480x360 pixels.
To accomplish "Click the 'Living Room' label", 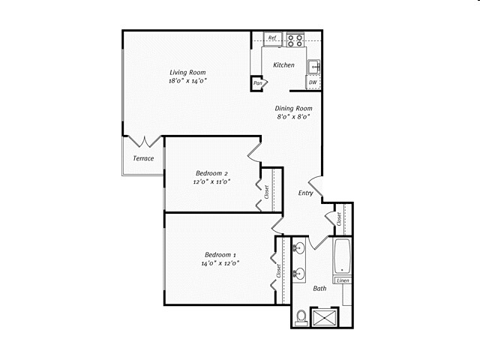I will (x=187, y=72).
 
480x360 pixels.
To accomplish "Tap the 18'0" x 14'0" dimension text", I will (x=187, y=81).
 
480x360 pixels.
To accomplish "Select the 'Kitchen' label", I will (x=283, y=65).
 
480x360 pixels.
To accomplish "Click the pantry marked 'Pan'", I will (x=258, y=82).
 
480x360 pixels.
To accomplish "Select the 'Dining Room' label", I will (x=293, y=108).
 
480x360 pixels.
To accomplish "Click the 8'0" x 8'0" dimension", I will (x=293, y=117).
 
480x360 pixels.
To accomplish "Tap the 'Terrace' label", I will (x=143, y=158).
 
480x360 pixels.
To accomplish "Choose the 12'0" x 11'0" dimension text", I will (x=211, y=181).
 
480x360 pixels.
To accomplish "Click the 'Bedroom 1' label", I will (x=219, y=254).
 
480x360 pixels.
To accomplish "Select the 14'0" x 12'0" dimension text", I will (x=219, y=263).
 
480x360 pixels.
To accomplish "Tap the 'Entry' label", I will (x=306, y=193).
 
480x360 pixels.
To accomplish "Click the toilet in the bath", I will (x=301, y=318).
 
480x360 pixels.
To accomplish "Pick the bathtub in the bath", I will (x=342, y=256).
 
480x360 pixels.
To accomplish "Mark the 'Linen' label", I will (x=342, y=280).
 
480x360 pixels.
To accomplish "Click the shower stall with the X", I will (x=327, y=318).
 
